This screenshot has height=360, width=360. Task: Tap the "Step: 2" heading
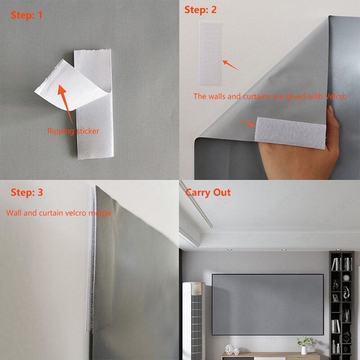click(200, 10)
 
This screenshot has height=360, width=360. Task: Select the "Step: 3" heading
click(27, 193)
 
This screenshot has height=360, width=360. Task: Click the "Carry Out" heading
click(208, 193)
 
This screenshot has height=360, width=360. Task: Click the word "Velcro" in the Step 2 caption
click(336, 96)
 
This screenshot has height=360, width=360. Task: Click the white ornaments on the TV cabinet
click(230, 348)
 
